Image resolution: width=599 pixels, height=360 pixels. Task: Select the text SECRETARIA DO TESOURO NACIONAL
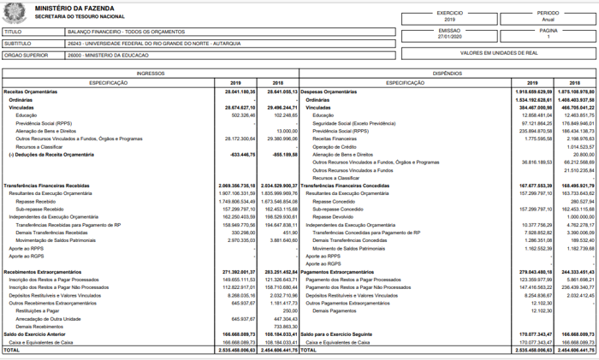point(74,16)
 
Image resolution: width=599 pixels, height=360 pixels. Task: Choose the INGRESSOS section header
point(150,74)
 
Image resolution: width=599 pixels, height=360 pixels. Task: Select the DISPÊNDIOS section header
point(448,74)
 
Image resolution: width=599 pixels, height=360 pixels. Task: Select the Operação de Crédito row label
point(335,146)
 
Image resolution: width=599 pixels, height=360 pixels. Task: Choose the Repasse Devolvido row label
point(334,217)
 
